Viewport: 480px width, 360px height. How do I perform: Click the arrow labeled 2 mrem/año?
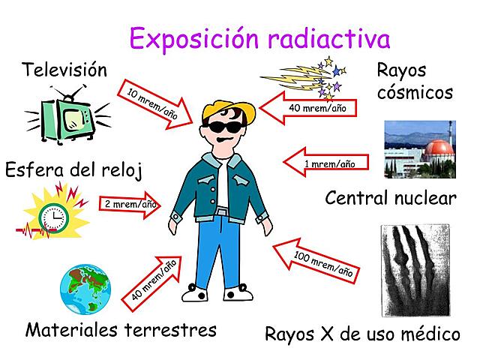[x=128, y=204]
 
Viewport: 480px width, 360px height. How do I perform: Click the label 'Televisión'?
[x=64, y=70]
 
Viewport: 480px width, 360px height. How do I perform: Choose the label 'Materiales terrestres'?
[x=121, y=329]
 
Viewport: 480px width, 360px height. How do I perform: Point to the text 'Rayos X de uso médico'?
[x=362, y=334]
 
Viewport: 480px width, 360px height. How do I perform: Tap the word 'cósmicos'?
[x=415, y=93]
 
